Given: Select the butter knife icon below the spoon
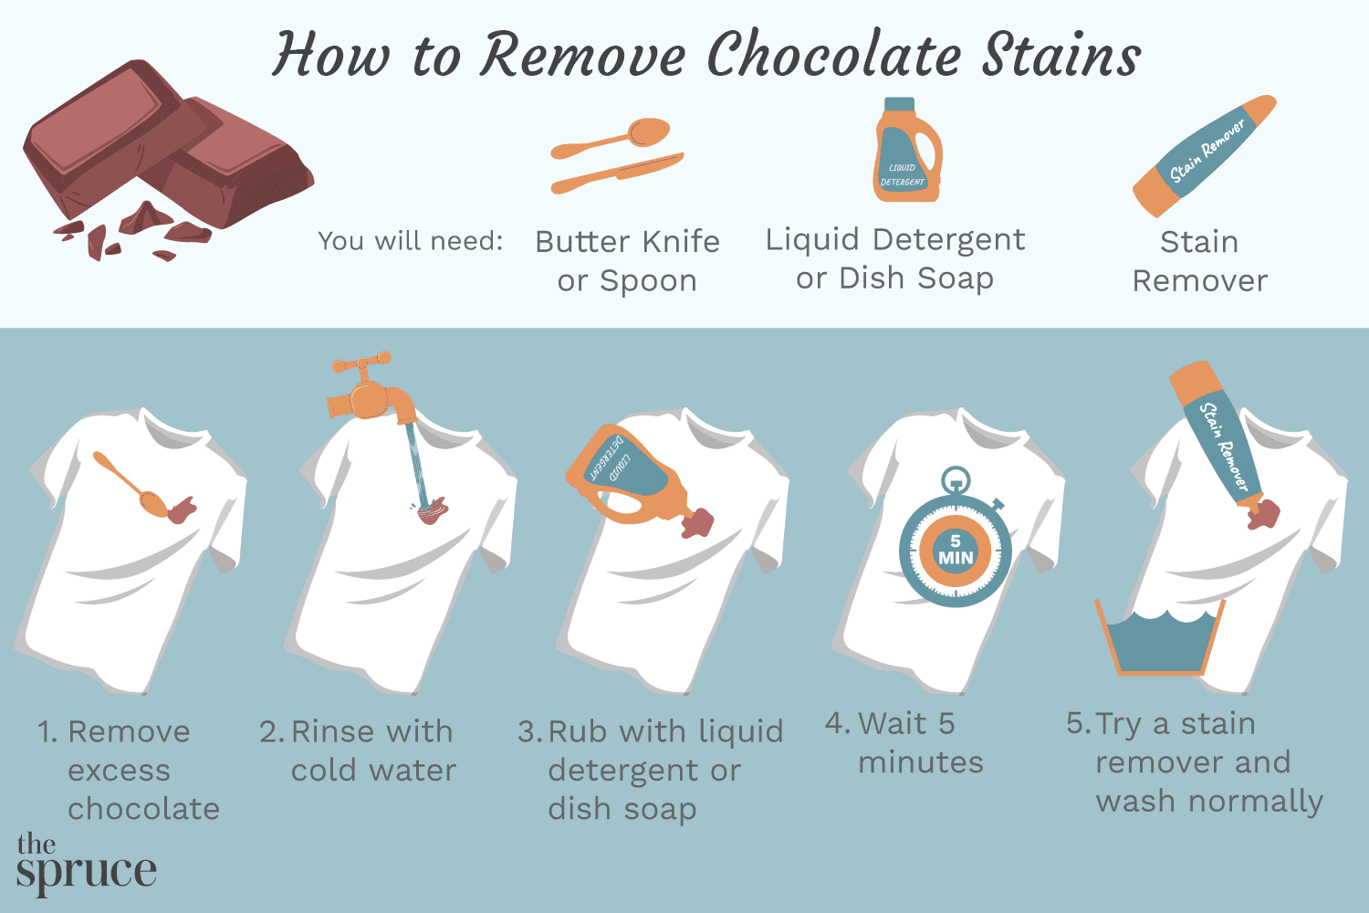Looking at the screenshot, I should pyautogui.click(x=617, y=173).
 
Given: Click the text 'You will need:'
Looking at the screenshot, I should pyautogui.click(x=410, y=241).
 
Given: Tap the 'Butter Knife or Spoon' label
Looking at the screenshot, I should pyautogui.click(x=627, y=261).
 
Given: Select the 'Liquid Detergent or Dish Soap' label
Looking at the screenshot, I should pyautogui.click(x=894, y=258).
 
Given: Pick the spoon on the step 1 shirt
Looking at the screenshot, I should pyautogui.click(x=132, y=484).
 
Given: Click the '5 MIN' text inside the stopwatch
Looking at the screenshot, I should pyautogui.click(x=956, y=550).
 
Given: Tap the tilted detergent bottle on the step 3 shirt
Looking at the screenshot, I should pyautogui.click(x=625, y=475).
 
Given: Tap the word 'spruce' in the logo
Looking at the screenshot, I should pyautogui.click(x=87, y=871).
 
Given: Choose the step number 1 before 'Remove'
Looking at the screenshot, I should pyautogui.click(x=47, y=731).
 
